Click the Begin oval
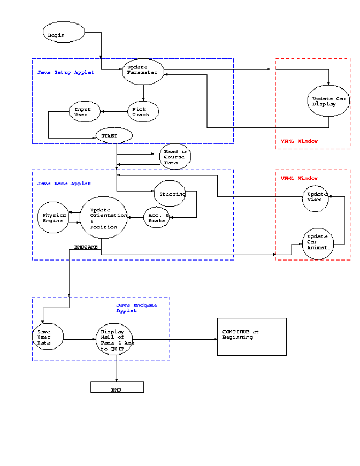click(64, 33)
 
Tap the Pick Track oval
click(143, 111)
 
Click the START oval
click(114, 136)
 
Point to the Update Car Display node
click(328, 101)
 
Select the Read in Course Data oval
click(174, 157)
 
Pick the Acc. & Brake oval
click(157, 217)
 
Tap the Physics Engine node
click(54, 218)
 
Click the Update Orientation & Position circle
click(103, 218)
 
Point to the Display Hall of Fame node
click(114, 338)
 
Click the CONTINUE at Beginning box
click(251, 336)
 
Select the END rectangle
click(117, 387)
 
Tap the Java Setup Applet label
click(66, 72)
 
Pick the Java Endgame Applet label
click(136, 308)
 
